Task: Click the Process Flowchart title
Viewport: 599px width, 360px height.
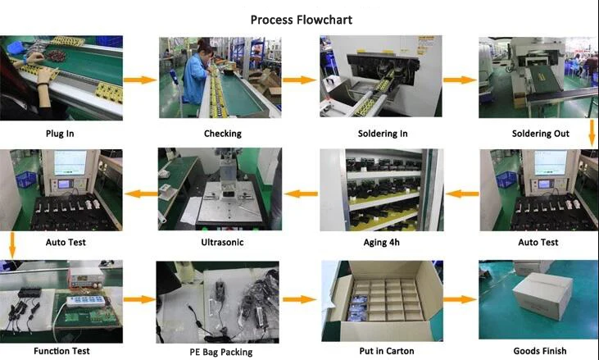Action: pyautogui.click(x=301, y=20)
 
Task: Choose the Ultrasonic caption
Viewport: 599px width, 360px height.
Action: pyautogui.click(x=221, y=243)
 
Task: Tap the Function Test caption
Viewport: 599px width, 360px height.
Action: pyautogui.click(x=61, y=351)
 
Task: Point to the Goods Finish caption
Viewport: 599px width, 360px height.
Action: pyautogui.click(x=538, y=351)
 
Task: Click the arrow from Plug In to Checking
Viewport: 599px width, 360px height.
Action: pyautogui.click(x=139, y=80)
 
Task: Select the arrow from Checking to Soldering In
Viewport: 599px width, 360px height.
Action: pyautogui.click(x=299, y=80)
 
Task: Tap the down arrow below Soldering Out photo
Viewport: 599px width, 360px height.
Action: pyautogui.click(x=592, y=132)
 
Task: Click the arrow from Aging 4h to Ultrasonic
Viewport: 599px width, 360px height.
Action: pyautogui.click(x=300, y=194)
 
